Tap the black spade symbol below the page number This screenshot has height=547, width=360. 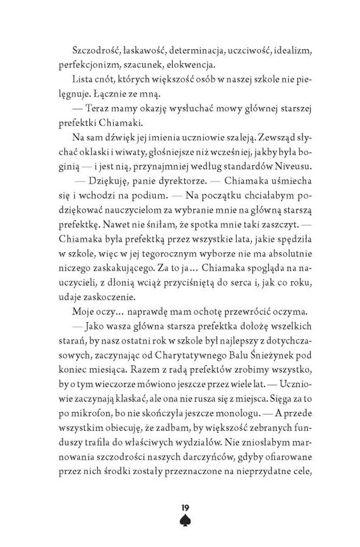tap(185, 520)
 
